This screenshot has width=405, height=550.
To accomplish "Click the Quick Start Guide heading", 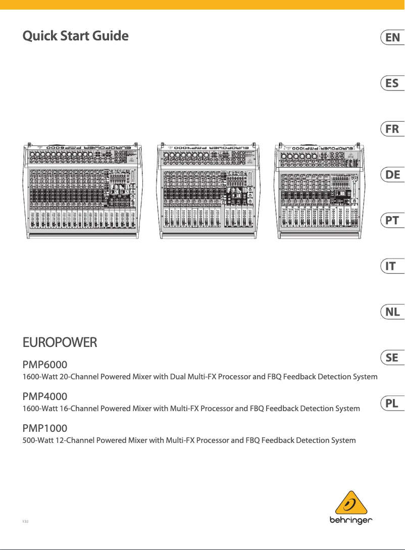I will [x=76, y=36].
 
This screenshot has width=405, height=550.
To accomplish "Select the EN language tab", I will [x=392, y=37].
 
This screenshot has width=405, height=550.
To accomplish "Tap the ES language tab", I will [x=392, y=83].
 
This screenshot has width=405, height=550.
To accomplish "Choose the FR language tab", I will [x=392, y=129].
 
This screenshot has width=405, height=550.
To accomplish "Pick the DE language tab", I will [x=392, y=175].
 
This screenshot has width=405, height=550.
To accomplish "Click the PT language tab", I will [x=392, y=221].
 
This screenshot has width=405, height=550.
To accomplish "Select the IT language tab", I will [x=392, y=266].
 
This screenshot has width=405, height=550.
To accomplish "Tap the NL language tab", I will [x=392, y=312].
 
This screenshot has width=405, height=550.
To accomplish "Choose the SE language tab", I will [x=392, y=358].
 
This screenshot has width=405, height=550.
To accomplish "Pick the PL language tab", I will [x=392, y=404].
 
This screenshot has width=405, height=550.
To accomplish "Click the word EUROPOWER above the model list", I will [x=60, y=343].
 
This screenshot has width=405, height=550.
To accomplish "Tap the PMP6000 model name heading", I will [x=45, y=365].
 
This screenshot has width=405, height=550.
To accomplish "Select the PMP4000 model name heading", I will [x=45, y=396].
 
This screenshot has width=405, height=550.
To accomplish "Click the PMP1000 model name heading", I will [x=45, y=428].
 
